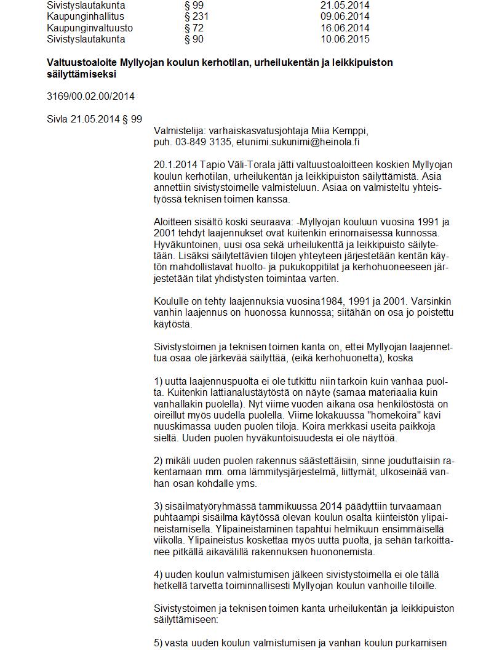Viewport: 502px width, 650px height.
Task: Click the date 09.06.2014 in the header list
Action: tap(345, 17)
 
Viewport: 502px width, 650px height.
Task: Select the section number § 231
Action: tap(196, 17)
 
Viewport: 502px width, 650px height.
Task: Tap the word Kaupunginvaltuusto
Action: tap(89, 28)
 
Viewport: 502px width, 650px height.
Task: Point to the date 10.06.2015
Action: tap(345, 39)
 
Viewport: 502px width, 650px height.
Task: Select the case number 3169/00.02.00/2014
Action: tap(90, 96)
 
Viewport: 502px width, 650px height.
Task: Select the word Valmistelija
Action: tap(180, 130)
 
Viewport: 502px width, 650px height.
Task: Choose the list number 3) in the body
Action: tap(158, 506)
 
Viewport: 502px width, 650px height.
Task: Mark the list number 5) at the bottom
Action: tap(158, 643)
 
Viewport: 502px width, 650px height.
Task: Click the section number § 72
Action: tap(194, 28)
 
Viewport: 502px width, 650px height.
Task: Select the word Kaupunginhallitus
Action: tap(85, 17)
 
